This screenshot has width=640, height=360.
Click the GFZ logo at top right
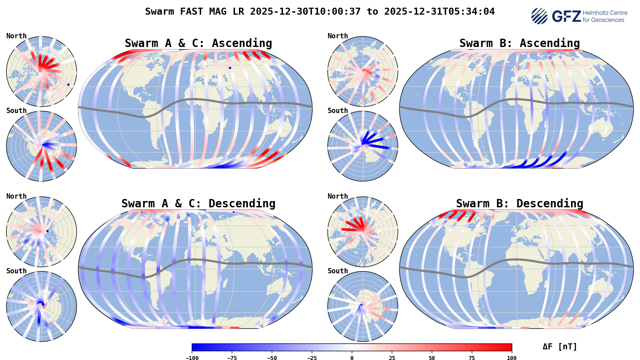[x=579, y=16]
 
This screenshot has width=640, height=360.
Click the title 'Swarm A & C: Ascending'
[x=198, y=43]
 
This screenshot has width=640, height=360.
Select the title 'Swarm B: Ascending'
[x=519, y=43]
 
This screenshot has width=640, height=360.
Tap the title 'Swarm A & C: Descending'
[x=198, y=204]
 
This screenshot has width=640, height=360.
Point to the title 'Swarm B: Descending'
[x=519, y=204]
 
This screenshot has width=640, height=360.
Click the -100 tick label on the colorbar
[x=192, y=358]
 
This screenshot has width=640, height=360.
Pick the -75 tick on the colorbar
[x=232, y=358]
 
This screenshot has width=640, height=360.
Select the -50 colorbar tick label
[x=272, y=358]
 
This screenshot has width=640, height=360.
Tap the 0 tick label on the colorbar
[x=352, y=358]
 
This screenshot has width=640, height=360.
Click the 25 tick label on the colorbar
[x=392, y=358]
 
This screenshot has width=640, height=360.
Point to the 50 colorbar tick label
[x=432, y=358]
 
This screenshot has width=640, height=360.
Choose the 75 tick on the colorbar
[x=472, y=358]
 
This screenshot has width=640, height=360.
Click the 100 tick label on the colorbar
[x=512, y=358]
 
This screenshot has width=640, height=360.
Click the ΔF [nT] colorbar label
[x=560, y=347]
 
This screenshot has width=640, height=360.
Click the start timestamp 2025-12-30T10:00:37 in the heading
[x=305, y=12]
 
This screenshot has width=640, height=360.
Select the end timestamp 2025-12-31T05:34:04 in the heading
[x=439, y=12]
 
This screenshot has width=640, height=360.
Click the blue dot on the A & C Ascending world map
[x=230, y=68]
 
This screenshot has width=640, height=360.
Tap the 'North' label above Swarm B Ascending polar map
[x=338, y=36]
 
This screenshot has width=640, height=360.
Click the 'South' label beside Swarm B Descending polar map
[x=338, y=271]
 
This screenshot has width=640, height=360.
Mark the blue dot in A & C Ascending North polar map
[x=68, y=85]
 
